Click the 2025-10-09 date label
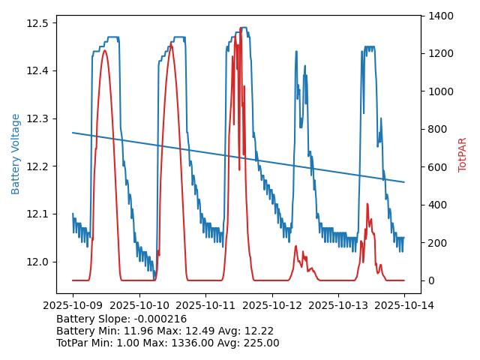(x=73, y=305)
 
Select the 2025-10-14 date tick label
(x=404, y=305)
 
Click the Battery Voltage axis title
(x=16, y=154)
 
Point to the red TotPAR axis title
(x=463, y=154)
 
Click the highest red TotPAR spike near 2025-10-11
(x=241, y=28)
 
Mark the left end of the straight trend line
(x=73, y=133)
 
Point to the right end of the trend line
(x=404, y=182)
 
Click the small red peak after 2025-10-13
(x=367, y=204)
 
